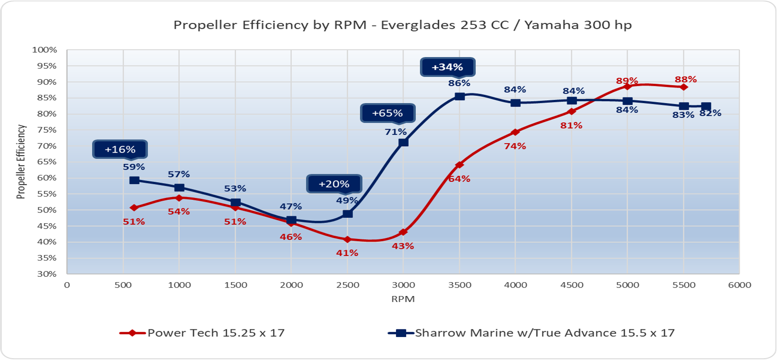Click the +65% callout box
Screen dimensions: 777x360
387,113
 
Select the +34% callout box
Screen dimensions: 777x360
448,67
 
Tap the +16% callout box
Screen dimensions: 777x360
120,149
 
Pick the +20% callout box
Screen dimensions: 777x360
334,184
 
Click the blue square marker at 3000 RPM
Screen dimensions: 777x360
404,142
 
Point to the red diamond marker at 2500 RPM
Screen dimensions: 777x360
347,239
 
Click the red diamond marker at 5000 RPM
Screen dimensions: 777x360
628,86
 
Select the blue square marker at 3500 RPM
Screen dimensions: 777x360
459,96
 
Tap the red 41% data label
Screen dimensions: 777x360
347,253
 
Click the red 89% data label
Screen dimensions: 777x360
627,81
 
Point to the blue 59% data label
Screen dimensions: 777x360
134,167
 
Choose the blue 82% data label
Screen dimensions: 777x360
710,113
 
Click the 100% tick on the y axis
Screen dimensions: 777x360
45,50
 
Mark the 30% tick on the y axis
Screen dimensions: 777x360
47,274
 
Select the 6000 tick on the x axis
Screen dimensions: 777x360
740,285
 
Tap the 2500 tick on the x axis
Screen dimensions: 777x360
348,285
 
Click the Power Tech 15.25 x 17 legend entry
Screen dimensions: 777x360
202,333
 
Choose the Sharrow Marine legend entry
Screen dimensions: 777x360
531,333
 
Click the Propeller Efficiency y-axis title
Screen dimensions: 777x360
21,162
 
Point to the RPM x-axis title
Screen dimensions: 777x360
403,299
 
